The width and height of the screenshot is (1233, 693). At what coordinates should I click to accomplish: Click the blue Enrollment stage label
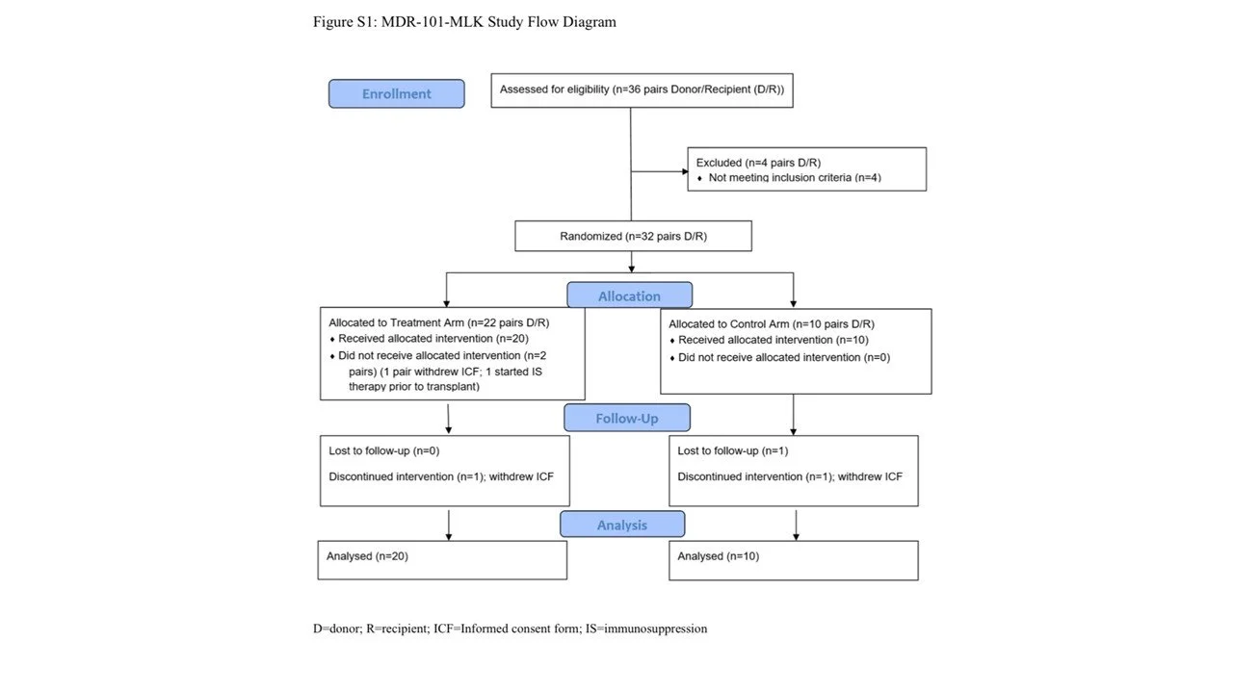click(396, 93)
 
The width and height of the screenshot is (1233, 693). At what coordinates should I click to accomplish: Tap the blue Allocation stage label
click(630, 295)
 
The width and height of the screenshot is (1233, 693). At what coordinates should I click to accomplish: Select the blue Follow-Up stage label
click(627, 418)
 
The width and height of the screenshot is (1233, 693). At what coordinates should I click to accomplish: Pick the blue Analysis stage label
click(622, 525)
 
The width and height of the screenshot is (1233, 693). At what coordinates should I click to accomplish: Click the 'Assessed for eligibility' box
click(642, 90)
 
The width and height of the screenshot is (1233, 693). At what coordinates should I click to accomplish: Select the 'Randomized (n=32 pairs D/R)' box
click(633, 236)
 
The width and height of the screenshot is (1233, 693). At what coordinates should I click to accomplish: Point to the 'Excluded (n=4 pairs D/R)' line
click(758, 163)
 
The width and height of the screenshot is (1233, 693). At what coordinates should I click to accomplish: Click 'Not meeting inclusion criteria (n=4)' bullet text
click(795, 178)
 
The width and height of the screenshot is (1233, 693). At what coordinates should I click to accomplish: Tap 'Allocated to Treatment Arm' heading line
click(438, 322)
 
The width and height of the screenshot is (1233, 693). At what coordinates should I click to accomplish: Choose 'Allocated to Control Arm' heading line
click(772, 324)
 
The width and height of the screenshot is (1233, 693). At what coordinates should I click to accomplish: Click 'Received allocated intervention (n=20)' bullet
click(433, 339)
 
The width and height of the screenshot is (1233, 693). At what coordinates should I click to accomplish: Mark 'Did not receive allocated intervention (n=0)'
click(784, 357)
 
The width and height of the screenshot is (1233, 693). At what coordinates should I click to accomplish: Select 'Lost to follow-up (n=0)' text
click(383, 451)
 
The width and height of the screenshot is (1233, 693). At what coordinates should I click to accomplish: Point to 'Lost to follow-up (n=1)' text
click(733, 451)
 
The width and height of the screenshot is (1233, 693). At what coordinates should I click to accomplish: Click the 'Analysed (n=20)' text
click(367, 556)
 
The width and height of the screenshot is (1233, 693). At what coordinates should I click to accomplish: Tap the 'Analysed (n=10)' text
click(718, 556)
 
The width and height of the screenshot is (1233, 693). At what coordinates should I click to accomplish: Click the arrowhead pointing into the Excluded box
click(685, 171)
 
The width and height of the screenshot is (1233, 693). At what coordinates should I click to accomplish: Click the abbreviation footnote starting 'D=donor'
click(510, 629)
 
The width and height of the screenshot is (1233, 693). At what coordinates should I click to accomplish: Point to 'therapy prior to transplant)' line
click(414, 387)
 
